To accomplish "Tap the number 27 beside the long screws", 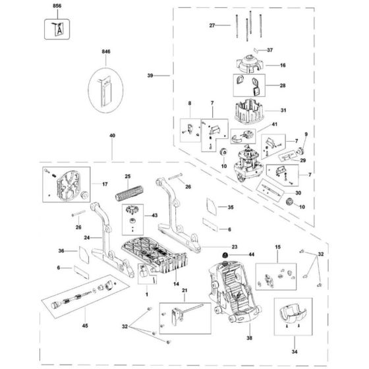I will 212,26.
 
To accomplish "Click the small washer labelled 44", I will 225,255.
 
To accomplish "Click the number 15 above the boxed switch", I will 277,246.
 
